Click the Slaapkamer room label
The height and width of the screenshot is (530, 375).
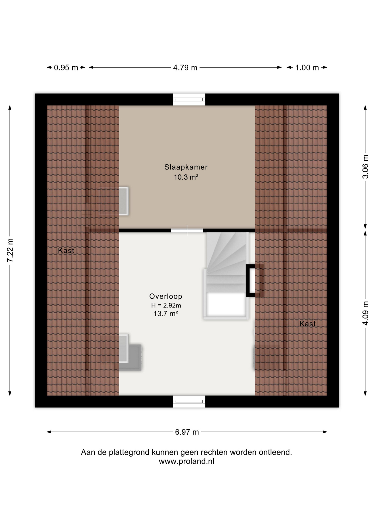(x=186, y=167)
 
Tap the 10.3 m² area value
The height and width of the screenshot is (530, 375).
(x=186, y=177)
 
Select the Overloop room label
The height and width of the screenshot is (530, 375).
(x=166, y=296)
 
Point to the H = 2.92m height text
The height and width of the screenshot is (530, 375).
(x=166, y=305)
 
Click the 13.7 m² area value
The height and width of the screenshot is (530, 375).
(x=166, y=314)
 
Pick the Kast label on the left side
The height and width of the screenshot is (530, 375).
(x=66, y=251)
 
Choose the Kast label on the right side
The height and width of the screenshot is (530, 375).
(x=308, y=324)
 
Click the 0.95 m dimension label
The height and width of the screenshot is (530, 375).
(x=66, y=68)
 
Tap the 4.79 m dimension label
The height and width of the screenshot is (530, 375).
(x=185, y=68)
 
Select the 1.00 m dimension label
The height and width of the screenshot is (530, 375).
(x=307, y=68)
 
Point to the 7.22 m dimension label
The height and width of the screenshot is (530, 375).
(x=10, y=250)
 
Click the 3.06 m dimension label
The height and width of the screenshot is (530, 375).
(x=365, y=167)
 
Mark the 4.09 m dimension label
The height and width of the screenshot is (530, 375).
(x=365, y=313)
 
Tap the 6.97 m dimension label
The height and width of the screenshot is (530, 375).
(x=187, y=432)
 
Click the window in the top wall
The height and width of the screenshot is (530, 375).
(x=189, y=99)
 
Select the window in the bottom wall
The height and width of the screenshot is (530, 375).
(x=189, y=401)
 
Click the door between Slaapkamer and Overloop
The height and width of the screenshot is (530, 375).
(x=187, y=230)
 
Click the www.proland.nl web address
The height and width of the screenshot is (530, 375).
(x=186, y=461)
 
